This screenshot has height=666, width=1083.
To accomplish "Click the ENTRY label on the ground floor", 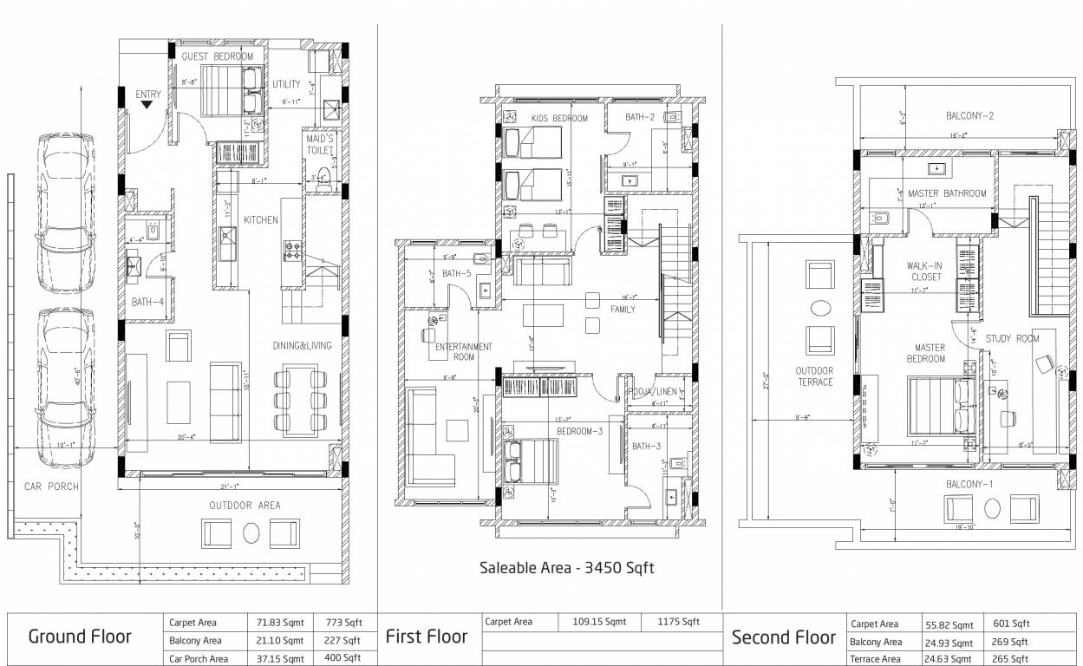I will pos(148,95).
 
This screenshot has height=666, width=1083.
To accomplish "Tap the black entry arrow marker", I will pos(147,105).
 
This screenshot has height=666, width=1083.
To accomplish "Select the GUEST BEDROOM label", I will pos(218,56).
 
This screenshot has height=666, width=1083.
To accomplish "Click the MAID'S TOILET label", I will pos(320,144).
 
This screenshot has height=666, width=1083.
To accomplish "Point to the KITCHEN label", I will pos(260,219).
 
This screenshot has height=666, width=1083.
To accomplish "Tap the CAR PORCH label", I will pos(51,486).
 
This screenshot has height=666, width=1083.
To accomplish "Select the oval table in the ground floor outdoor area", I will pos(251,532).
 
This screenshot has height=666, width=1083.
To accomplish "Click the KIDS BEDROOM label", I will pos(559,118).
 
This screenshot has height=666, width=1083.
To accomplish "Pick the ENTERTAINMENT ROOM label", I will pos(464,351).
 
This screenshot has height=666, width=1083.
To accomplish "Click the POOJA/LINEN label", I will pos(652,391).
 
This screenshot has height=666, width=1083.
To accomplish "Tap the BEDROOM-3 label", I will pos(579,430).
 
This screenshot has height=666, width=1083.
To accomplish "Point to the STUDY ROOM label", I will pos(1012,338).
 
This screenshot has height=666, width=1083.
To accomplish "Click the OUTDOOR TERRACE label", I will pos(815,376).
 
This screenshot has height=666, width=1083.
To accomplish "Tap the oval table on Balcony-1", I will pos(989,508).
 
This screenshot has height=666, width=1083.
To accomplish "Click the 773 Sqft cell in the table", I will pos(343,623).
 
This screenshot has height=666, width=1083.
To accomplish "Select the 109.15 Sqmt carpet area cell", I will pos(598,622).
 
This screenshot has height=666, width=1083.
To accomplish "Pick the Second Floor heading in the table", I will pos(784,637).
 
